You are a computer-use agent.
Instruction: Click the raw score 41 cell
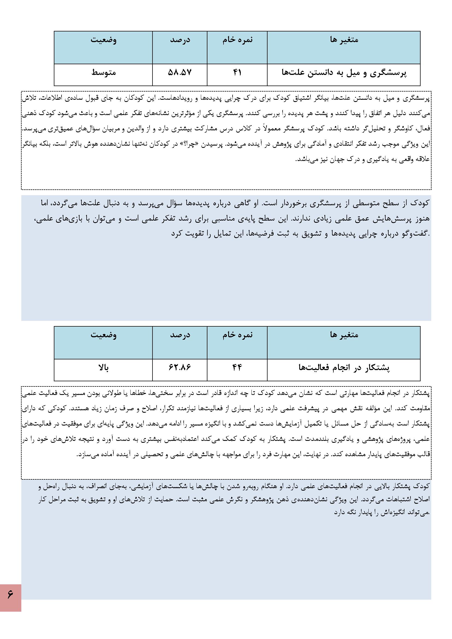237,73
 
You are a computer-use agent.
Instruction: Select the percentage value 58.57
180,73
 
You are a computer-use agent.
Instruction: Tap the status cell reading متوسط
104,73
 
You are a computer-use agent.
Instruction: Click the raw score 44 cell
237,368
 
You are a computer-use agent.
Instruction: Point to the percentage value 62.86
180,368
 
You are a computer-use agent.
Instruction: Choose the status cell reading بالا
104,368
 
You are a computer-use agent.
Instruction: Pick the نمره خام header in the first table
237,40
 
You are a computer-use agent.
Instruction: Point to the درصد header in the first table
180,40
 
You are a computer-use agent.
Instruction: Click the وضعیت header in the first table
104,40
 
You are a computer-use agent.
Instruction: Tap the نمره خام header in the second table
237,335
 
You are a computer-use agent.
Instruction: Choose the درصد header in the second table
180,335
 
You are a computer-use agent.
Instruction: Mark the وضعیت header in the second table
104,335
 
